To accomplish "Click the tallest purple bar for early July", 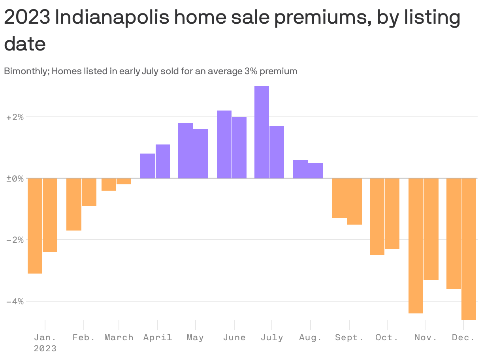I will click(x=262, y=132).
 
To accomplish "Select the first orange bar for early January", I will click(x=35, y=226).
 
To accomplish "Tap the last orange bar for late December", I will click(x=469, y=249).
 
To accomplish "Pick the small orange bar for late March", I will click(x=124, y=181).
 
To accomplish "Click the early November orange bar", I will click(x=416, y=246).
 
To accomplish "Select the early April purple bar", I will click(x=148, y=166).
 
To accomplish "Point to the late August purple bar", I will click(x=316, y=171).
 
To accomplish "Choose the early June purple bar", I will click(x=224, y=144).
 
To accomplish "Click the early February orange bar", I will click(x=74, y=204).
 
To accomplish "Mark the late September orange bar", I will click(x=354, y=201).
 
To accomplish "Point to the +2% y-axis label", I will click(x=15, y=117).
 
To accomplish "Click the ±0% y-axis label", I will click(x=15, y=178).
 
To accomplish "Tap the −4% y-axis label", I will click(x=15, y=301).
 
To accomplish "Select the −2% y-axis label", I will click(x=15, y=240).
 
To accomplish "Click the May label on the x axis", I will click(x=195, y=337).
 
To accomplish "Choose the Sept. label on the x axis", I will click(x=349, y=337).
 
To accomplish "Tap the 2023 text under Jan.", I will click(x=45, y=349).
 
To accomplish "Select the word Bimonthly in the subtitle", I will click(x=26, y=71).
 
